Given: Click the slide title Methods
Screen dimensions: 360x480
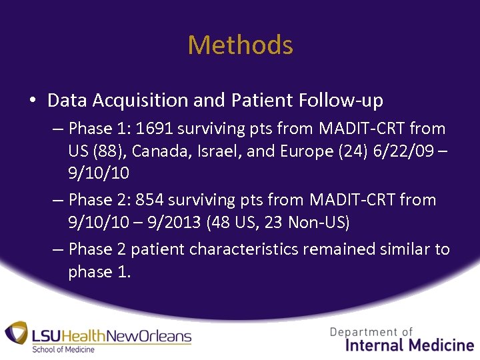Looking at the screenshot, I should (240, 45).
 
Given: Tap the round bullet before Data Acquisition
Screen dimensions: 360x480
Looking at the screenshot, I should (32, 101).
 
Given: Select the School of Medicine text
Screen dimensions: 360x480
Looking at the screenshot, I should (64, 349).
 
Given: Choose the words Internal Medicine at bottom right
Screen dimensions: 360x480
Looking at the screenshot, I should (410, 345).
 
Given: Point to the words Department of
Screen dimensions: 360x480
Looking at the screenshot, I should (371, 331).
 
